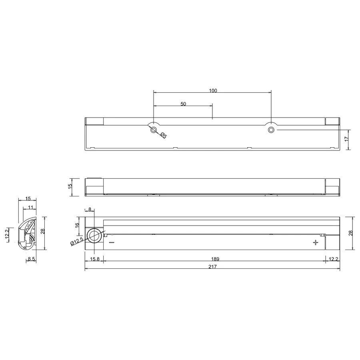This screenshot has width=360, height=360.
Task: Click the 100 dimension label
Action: click(x=213, y=90)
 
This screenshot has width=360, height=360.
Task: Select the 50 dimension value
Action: click(x=183, y=104)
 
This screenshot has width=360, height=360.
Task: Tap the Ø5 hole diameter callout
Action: click(x=164, y=135)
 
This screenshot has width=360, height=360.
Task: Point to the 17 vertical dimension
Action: click(x=346, y=139)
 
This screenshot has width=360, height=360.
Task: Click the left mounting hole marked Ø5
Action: click(x=153, y=130)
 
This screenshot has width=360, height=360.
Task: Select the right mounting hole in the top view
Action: click(x=271, y=130)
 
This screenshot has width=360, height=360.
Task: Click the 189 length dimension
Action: click(x=215, y=259)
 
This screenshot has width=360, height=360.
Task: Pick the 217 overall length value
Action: click(x=213, y=266)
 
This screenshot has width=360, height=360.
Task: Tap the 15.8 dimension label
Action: click(x=94, y=259)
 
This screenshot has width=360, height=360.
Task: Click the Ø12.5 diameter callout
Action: click(x=77, y=241)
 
